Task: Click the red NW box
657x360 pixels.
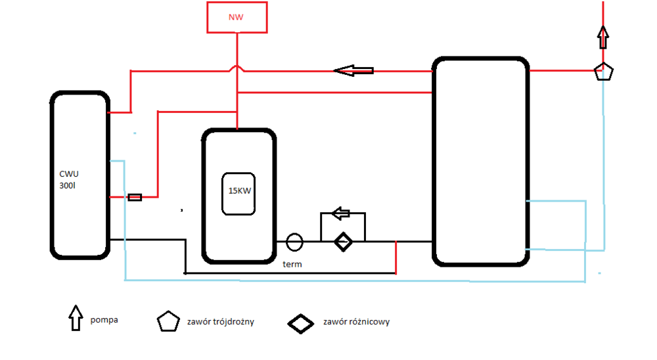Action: pos(237,18)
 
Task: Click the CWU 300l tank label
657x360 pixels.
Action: pos(68,181)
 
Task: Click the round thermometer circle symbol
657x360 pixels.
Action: pos(294,242)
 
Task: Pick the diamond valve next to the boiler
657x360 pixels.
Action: pos(342,242)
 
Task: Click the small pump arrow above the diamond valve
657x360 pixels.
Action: pos(341,213)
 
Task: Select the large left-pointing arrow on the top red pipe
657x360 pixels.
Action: pos(354,70)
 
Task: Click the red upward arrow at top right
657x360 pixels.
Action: pos(603,37)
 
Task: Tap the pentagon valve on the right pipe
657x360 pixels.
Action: pos(603,71)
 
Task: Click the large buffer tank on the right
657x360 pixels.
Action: pos(481,162)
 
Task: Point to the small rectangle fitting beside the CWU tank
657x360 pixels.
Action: pos(135,196)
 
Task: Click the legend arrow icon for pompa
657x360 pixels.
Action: pos(77,319)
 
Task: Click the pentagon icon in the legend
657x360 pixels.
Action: pos(168,321)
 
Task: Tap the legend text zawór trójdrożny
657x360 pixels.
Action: pos(221,322)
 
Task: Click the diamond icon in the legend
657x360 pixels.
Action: pos(302,323)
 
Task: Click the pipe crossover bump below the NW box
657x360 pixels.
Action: pos(237,68)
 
